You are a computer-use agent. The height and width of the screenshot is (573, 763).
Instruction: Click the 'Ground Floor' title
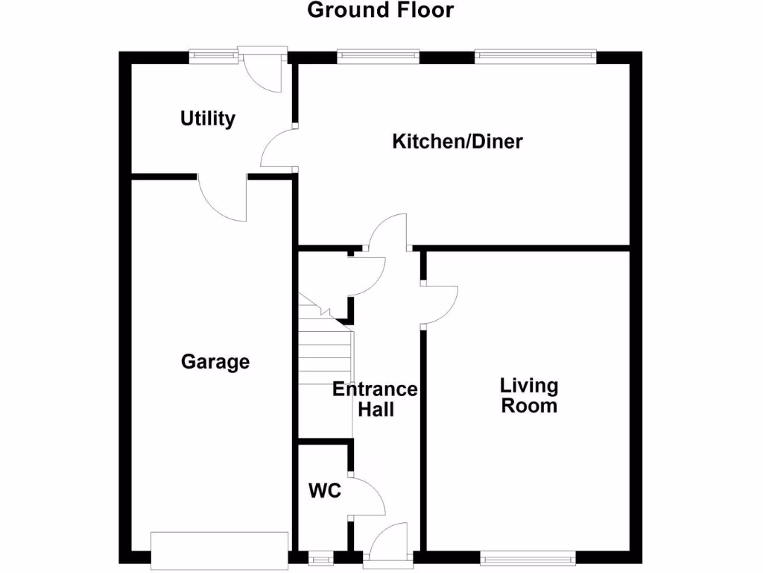point(380,10)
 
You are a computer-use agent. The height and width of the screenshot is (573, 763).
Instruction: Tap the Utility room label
point(208,118)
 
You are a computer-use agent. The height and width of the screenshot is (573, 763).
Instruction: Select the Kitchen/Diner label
point(458,141)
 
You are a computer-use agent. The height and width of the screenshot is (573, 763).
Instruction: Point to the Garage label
point(215,362)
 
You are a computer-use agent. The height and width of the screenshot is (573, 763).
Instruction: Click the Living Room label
point(529,395)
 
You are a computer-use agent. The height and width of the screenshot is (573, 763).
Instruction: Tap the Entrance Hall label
point(376,399)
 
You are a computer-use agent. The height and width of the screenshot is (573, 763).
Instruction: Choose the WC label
point(325,491)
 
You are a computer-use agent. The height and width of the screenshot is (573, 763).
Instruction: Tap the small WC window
point(322,557)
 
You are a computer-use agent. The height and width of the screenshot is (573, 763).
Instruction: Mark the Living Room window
point(528,557)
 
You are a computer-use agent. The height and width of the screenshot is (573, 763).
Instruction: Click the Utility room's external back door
point(263,71)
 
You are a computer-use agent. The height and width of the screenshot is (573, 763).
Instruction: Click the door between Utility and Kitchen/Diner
point(279,147)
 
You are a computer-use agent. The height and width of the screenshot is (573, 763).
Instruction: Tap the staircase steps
point(325,351)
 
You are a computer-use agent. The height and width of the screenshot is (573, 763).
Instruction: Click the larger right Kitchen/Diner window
point(535,55)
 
